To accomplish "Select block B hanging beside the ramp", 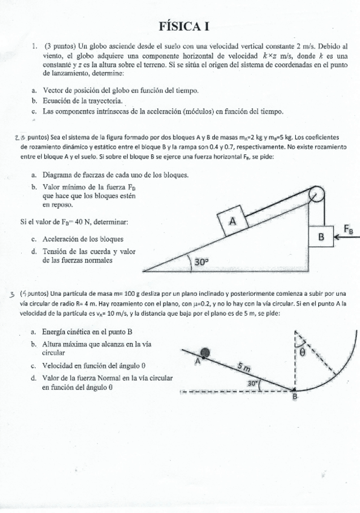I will (321, 237).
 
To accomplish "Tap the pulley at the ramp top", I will (315, 195).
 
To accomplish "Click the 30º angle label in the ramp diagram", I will (201, 262).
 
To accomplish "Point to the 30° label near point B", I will (254, 383).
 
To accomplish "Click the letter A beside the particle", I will (197, 361).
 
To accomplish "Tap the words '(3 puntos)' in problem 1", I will (60, 45).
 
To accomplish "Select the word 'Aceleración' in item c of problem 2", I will (65, 238).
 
